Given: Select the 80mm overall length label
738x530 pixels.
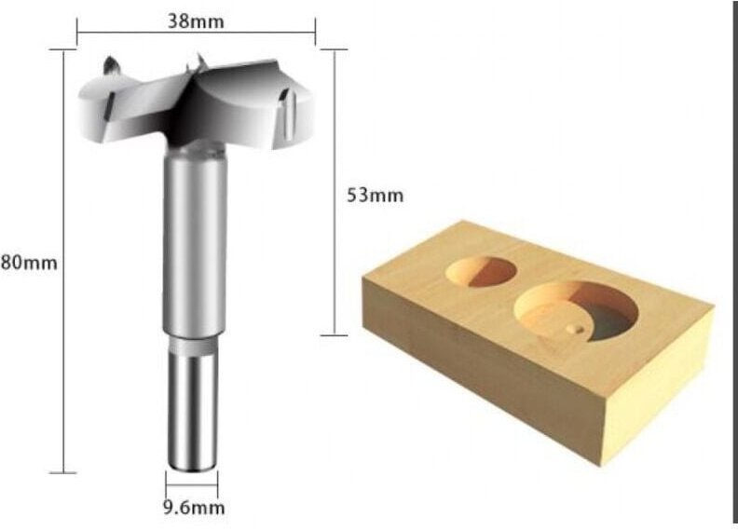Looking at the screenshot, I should tap(29, 263).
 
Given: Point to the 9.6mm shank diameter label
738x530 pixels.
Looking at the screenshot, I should tap(194, 508).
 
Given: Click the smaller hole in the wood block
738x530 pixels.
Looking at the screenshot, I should tap(481, 270).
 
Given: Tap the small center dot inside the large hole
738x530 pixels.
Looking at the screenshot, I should tap(570, 328).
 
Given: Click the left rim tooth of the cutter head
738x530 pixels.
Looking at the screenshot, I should tap(110, 67).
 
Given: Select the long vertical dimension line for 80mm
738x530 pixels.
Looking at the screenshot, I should tap(63, 263).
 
